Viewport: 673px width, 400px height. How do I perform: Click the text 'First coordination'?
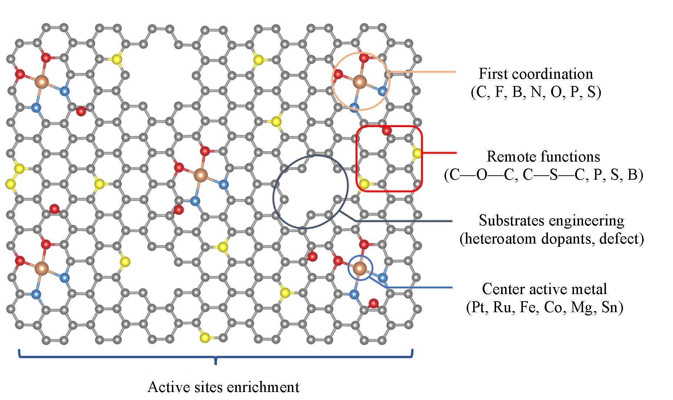[x=536, y=74]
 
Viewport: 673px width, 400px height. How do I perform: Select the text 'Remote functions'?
[x=543, y=156]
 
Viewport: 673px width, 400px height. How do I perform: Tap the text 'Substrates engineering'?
[x=551, y=220]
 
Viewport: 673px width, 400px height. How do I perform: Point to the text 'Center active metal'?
[x=544, y=289]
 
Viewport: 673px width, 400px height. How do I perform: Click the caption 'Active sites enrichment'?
[x=223, y=387]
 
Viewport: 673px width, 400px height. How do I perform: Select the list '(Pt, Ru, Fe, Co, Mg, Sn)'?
[x=544, y=307]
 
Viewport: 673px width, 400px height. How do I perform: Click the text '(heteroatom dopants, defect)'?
[x=552, y=239]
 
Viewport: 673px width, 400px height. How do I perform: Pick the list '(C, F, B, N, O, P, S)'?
[x=536, y=92]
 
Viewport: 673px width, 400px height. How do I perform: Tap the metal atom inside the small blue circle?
[x=360, y=269]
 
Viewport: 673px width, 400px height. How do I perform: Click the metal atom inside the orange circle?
[x=360, y=82]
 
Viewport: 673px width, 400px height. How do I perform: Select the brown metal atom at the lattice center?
[x=200, y=175]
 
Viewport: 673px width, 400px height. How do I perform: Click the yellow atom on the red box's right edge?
[x=417, y=153]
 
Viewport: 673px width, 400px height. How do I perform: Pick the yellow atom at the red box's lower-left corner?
[x=364, y=184]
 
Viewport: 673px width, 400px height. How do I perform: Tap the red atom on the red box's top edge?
[x=387, y=131]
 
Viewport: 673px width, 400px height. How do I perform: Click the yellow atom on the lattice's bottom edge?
[x=205, y=338]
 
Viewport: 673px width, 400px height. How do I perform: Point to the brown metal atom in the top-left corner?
[x=42, y=82]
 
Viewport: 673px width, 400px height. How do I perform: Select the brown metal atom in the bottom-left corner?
[x=42, y=269]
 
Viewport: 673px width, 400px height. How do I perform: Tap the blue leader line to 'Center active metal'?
[x=417, y=287]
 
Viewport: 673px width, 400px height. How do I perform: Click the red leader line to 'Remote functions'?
[x=439, y=153]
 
